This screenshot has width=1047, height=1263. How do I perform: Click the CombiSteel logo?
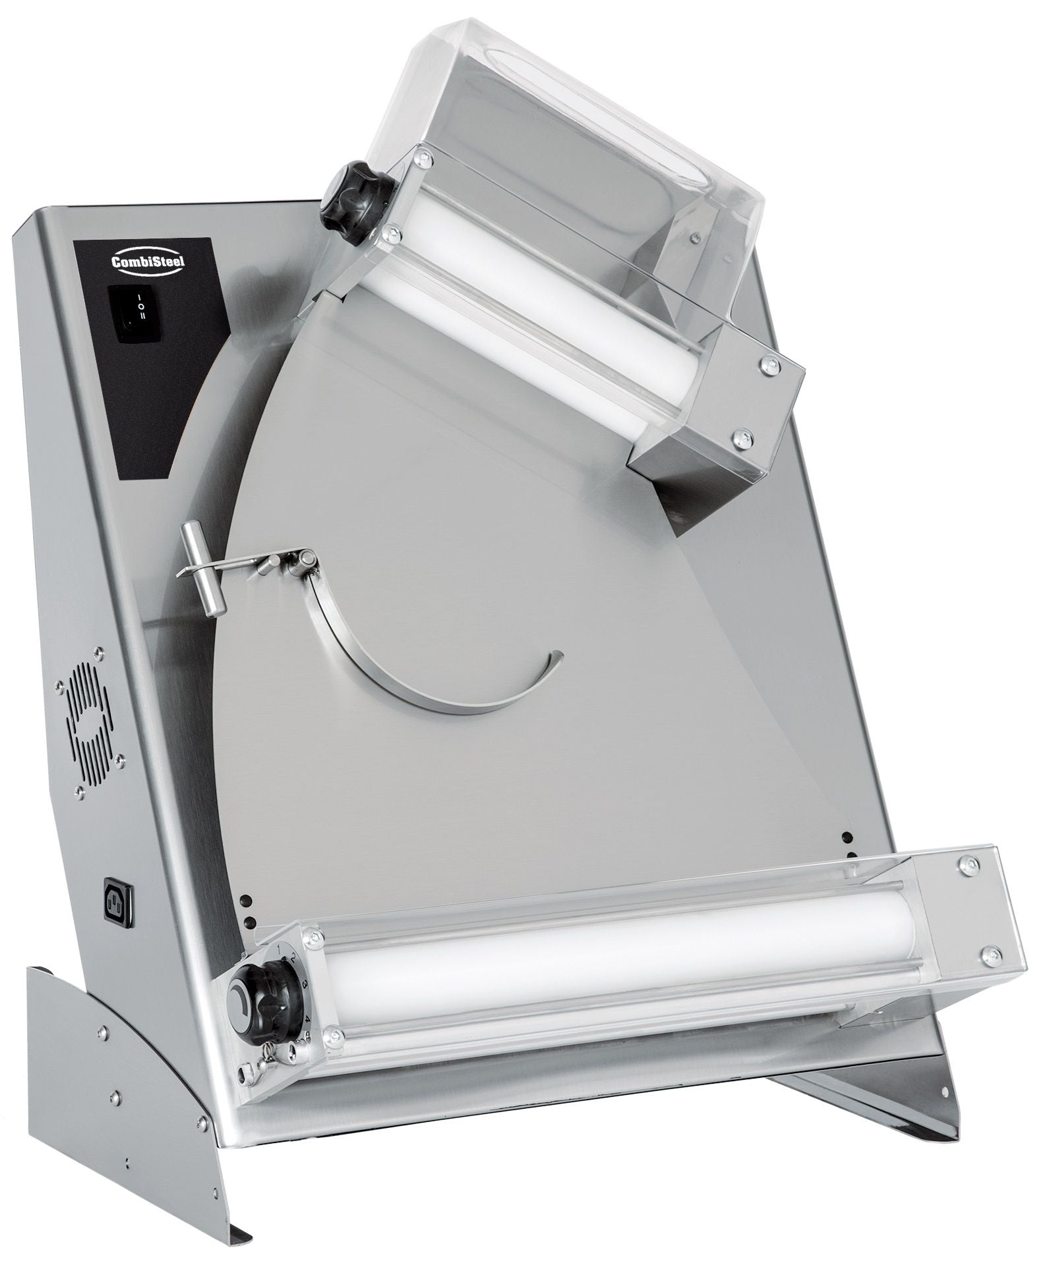point(129,262)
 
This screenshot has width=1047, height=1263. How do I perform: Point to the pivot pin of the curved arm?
point(303,559)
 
